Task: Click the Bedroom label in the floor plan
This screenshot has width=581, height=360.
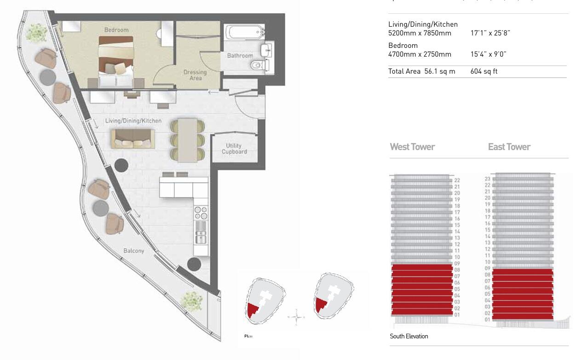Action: pos(116,30)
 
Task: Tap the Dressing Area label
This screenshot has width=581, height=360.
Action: pos(195,75)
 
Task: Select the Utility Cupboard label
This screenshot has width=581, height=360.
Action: pos(234,149)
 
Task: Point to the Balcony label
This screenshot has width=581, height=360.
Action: pos(133,251)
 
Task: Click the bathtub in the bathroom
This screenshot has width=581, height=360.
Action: pos(245,33)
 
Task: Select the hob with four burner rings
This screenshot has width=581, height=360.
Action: pos(201,212)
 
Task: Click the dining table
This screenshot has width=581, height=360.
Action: pos(187,140)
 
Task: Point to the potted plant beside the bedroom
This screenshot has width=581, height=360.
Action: pos(36,32)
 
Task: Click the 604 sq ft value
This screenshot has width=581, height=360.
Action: pos(484,71)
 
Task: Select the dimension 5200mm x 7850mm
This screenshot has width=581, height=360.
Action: pos(420,33)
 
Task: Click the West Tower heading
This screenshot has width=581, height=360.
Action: pos(412,147)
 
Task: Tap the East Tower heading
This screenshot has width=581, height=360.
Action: pos(509,147)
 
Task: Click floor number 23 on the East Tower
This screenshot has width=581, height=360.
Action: pos(488,179)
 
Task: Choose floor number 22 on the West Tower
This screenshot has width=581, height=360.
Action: pos(457,180)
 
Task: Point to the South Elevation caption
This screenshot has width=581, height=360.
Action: pos(408,336)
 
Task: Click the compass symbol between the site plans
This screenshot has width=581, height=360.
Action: pos(297,317)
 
